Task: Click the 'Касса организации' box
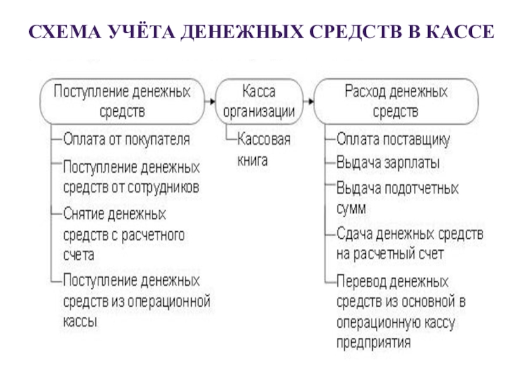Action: [260, 102]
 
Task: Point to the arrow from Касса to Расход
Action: [309, 102]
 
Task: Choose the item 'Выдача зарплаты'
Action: [388, 163]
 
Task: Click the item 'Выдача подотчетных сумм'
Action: [397, 197]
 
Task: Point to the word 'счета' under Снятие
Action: [78, 255]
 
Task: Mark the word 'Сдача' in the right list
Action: [352, 234]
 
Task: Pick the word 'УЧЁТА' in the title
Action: [136, 31]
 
